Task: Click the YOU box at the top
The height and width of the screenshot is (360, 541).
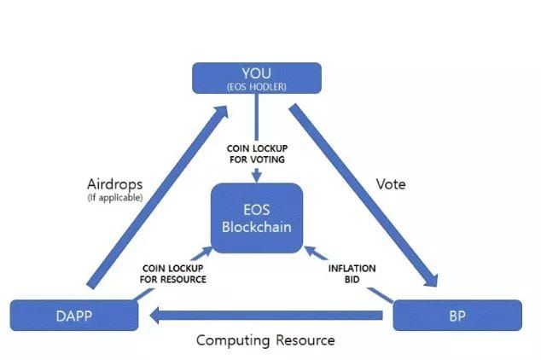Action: [257, 78]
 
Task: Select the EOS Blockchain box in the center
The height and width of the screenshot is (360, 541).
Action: [257, 218]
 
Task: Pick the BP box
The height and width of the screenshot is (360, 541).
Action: [457, 316]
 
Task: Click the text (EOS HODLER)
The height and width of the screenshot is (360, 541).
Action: [256, 86]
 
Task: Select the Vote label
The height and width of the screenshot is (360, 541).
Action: [390, 183]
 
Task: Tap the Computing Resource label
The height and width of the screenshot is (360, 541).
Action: [265, 340]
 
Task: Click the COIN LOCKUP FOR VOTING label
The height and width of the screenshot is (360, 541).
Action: [256, 153]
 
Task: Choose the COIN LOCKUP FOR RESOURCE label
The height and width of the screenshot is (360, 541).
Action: [174, 273]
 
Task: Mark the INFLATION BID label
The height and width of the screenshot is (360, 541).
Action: [352, 273]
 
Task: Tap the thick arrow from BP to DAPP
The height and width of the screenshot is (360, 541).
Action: [265, 316]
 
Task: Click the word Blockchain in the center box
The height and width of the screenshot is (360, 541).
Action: [257, 228]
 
